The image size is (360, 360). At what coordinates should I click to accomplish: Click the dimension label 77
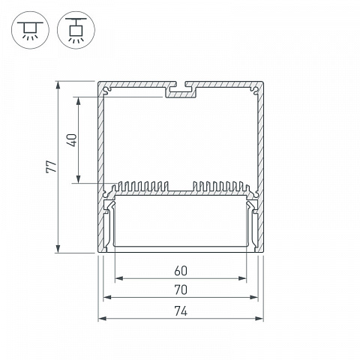tap(52, 166)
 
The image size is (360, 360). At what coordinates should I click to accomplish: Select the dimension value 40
tap(72, 140)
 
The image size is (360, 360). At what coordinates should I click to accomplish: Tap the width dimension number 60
tap(181, 271)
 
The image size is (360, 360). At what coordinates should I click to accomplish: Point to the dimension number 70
tap(181, 290)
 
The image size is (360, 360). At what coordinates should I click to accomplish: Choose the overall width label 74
tap(181, 311)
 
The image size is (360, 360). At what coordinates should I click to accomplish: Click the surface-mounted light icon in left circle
tap(30, 30)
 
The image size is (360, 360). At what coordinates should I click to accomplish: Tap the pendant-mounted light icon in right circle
tap(76, 29)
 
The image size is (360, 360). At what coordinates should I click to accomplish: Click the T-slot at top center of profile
tap(181, 90)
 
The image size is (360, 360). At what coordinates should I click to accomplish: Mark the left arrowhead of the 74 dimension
tap(102, 319)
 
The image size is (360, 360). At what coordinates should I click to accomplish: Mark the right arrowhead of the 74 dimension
tap(259, 319)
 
